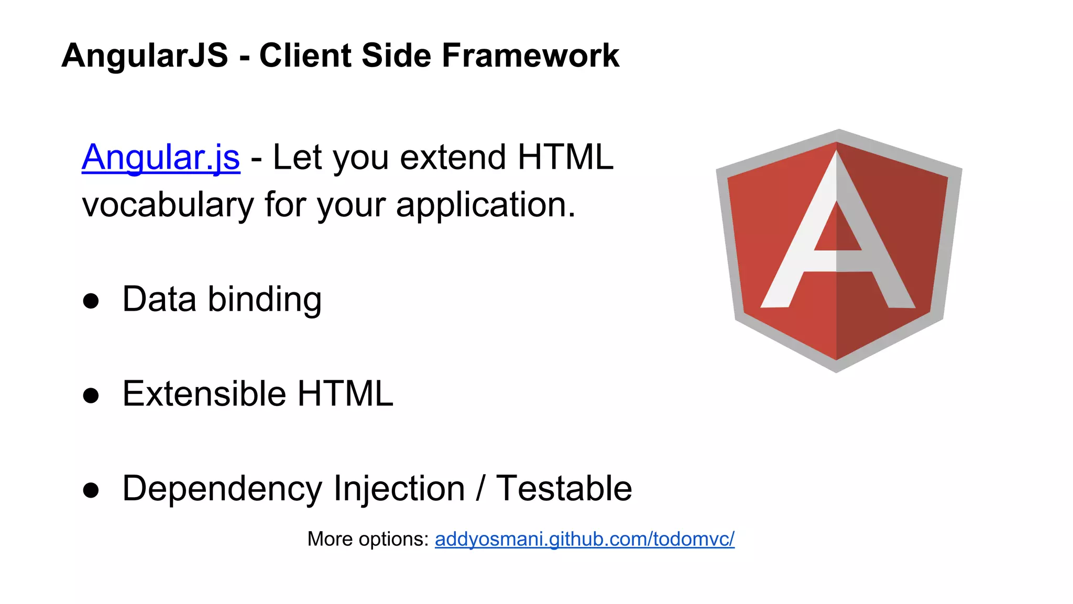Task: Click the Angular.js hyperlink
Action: click(161, 157)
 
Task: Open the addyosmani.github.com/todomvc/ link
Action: click(584, 539)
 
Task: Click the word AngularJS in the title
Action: click(145, 56)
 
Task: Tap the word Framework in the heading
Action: click(530, 56)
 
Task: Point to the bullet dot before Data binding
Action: click(91, 301)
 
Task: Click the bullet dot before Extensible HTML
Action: click(91, 396)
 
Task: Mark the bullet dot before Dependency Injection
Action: click(91, 490)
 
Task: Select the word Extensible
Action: click(204, 394)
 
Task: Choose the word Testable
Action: click(564, 489)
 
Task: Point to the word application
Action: click(485, 205)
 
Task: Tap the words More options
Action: click(368, 539)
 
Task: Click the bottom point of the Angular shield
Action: click(836, 370)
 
